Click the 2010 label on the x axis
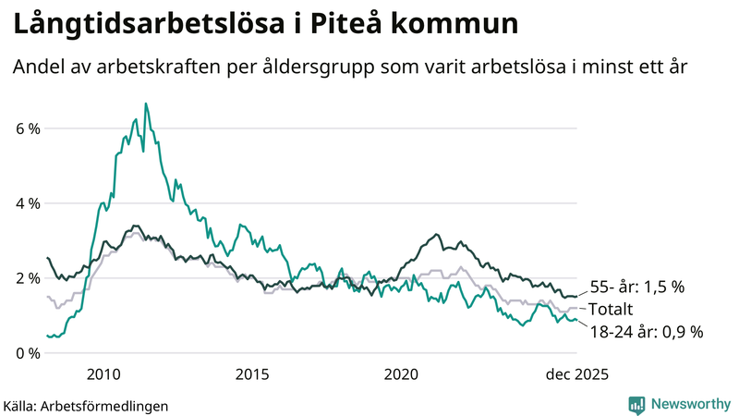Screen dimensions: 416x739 pos(103,373)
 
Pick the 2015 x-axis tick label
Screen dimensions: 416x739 pos(252,373)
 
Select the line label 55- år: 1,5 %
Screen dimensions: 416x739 pos(636,287)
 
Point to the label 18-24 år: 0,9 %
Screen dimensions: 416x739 pos(647,331)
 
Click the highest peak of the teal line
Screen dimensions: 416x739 pos(145,104)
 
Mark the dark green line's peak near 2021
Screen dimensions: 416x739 pos(437,235)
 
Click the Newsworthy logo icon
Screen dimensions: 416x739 pos(636,404)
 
